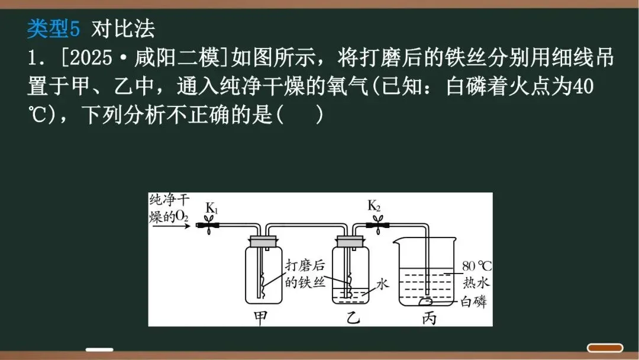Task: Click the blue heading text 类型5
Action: click(x=57, y=28)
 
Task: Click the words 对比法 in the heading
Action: click(x=123, y=28)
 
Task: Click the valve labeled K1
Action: click(x=209, y=225)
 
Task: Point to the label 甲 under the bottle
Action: click(x=261, y=317)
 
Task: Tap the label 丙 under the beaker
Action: click(x=430, y=317)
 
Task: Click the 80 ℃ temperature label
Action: click(x=476, y=265)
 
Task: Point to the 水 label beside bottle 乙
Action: click(x=382, y=284)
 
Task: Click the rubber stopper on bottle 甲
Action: click(x=263, y=241)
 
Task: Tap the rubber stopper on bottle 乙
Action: click(x=350, y=241)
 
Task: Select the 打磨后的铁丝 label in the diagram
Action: click(x=305, y=274)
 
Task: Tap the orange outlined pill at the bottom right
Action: click(x=605, y=348)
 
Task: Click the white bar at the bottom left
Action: click(x=99, y=349)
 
